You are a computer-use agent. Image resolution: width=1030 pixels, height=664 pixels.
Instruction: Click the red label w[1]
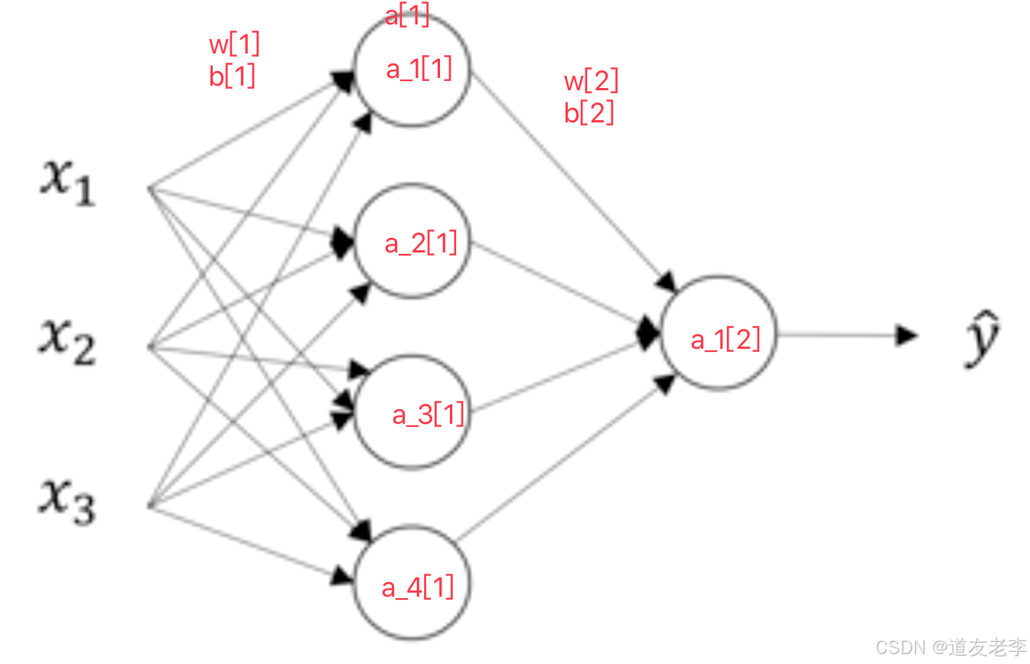(234, 45)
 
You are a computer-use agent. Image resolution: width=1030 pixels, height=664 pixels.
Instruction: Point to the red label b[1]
(232, 76)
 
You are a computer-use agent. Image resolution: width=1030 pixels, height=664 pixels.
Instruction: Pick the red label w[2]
(591, 80)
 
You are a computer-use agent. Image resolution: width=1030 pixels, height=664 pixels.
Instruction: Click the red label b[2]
(589, 112)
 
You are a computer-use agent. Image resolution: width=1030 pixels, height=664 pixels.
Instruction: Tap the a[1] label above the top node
(407, 15)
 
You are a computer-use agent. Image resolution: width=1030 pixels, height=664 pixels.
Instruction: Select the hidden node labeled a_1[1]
(412, 69)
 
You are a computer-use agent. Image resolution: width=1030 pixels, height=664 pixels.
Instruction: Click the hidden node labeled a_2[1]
(412, 242)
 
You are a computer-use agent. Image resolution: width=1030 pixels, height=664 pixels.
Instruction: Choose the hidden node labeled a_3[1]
(412, 413)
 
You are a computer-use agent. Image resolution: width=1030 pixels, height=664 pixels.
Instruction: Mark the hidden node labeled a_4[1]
(412, 586)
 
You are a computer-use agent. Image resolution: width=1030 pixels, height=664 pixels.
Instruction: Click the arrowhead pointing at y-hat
(908, 334)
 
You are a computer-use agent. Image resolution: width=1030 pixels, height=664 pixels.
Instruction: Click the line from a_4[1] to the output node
(559, 459)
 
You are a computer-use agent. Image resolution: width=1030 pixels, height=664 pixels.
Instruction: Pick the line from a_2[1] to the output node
(555, 286)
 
